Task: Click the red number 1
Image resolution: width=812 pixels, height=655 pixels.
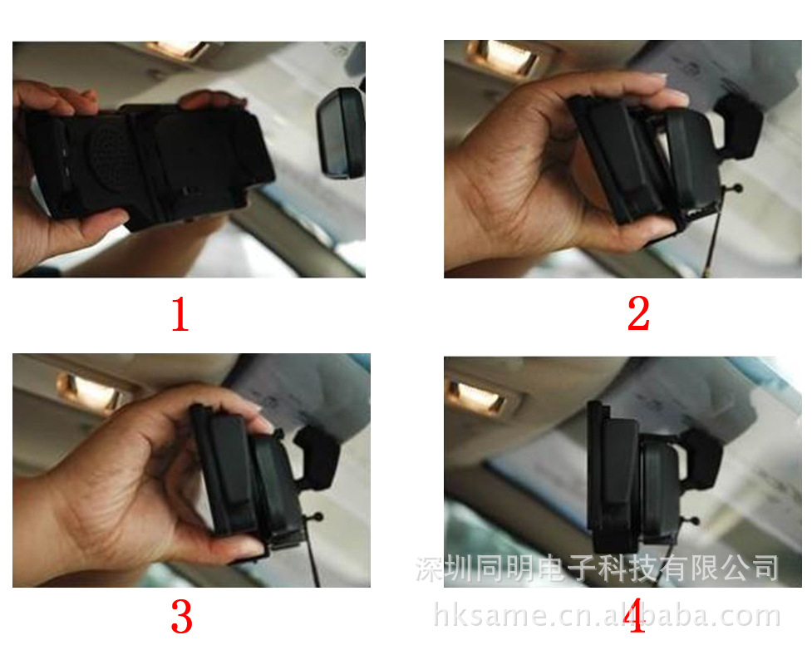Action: (x=180, y=313)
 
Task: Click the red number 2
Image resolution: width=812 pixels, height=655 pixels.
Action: (x=638, y=313)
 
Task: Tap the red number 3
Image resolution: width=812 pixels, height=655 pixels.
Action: (x=181, y=616)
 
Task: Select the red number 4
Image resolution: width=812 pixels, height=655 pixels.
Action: (x=634, y=615)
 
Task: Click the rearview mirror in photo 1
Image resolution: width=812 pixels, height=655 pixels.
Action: (x=342, y=134)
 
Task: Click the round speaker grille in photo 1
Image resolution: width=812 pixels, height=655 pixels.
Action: (x=111, y=155)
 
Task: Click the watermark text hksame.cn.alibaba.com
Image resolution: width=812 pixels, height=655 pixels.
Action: (x=607, y=615)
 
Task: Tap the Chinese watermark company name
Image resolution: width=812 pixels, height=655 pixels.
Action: (x=597, y=568)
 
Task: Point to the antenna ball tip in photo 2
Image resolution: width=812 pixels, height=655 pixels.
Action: (x=736, y=189)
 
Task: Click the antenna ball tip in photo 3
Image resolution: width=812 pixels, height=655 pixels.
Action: (x=317, y=517)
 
